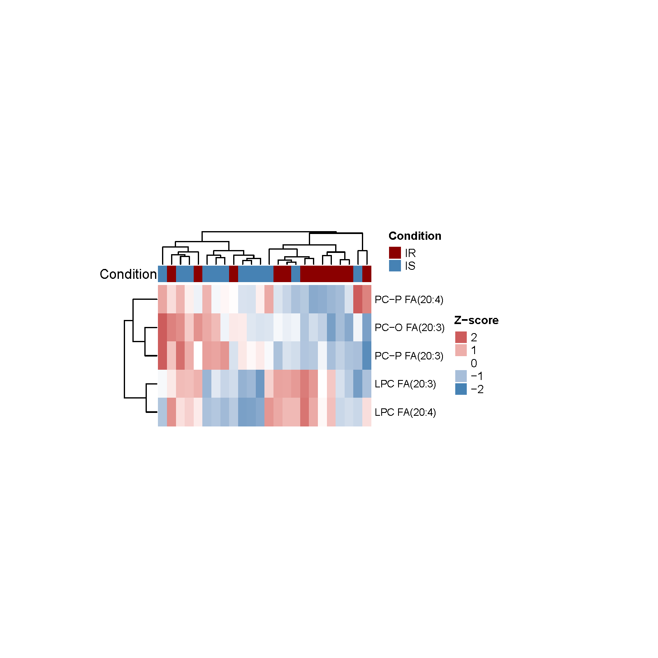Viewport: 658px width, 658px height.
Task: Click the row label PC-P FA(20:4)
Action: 409,299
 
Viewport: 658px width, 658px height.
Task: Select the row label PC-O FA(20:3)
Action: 410,327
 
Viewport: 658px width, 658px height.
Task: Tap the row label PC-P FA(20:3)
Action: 409,356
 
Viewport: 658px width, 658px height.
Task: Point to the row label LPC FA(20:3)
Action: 405,384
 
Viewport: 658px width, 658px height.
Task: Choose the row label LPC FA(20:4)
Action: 405,412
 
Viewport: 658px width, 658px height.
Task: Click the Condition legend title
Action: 415,236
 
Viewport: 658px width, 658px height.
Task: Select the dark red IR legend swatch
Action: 395,253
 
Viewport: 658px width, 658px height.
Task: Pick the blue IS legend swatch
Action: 395,266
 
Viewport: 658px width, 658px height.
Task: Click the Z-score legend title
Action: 476,320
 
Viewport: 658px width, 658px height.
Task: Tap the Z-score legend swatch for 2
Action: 461,337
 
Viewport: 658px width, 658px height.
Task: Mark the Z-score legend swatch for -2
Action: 461,389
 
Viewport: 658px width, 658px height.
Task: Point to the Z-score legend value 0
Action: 474,363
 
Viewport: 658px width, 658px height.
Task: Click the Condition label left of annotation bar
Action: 128,274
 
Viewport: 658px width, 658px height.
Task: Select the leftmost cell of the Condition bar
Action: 162,274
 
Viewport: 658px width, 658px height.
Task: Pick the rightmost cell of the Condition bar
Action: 367,274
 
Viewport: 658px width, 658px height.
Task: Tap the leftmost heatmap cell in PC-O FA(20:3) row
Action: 162,327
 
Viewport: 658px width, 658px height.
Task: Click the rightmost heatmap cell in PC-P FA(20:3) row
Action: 367,356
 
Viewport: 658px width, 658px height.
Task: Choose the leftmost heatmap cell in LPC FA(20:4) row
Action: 162,412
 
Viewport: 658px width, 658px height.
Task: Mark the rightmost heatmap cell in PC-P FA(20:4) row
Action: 367,299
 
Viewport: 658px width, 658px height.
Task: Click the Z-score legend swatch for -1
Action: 461,376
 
